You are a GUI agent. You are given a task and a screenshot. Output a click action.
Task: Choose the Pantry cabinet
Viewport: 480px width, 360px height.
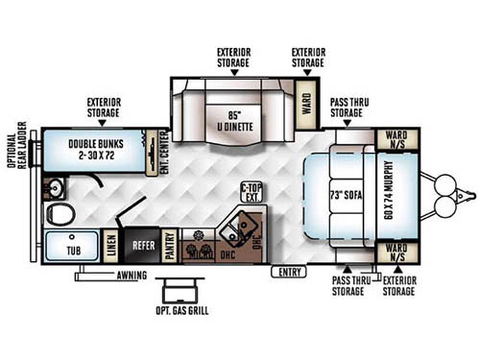169,246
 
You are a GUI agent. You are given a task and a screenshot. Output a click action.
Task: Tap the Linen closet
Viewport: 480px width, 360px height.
112,247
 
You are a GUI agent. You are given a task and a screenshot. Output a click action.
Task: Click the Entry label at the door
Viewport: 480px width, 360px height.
286,273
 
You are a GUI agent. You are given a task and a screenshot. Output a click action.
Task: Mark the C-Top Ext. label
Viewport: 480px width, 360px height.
251,192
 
